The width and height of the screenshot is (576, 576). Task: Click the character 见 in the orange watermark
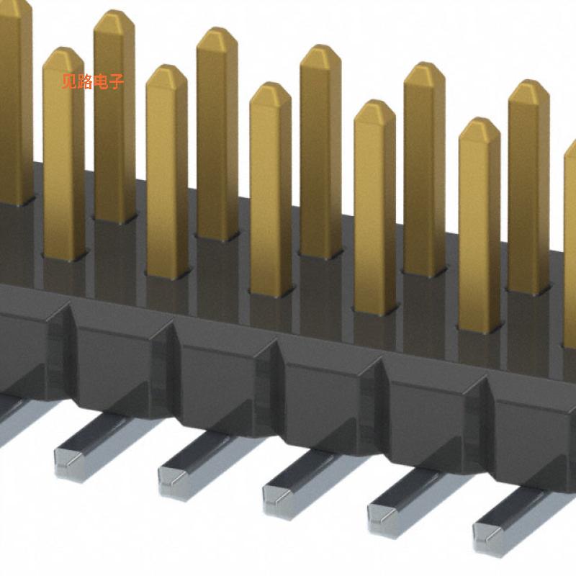[70, 82]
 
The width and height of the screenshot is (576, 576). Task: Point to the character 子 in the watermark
[117, 82]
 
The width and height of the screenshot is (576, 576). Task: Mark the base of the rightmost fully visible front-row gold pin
[480, 328]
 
